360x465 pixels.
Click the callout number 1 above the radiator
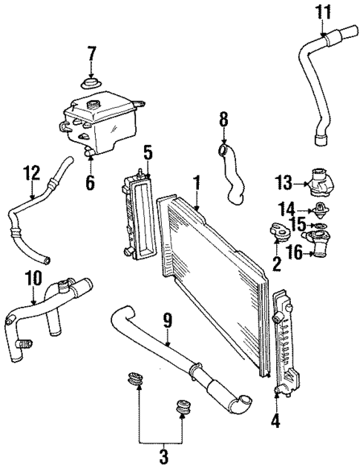[197, 181]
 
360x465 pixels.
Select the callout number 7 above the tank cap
[92, 54]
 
